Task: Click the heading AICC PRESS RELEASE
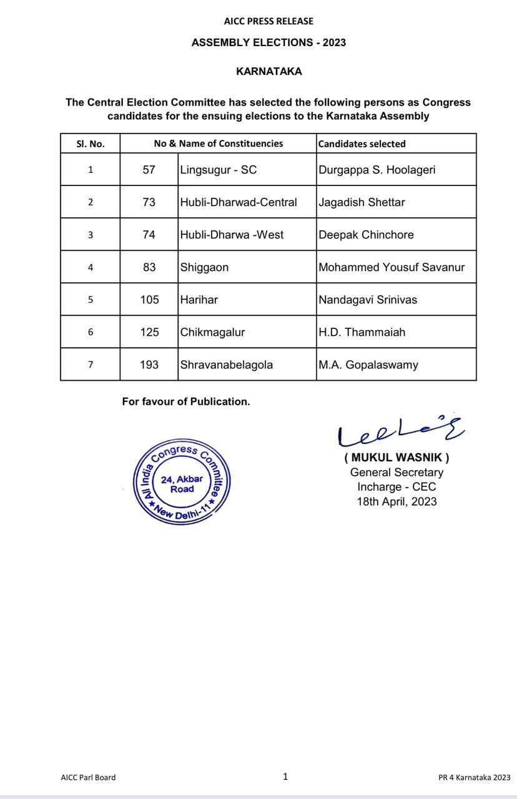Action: [268, 21]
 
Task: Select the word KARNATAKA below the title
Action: [268, 71]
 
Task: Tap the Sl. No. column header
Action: [90, 144]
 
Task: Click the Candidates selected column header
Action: [362, 144]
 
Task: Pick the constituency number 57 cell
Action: [149, 170]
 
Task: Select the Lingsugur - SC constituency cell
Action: [219, 170]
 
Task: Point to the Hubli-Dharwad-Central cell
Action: [239, 202]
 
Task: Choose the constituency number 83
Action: [149, 267]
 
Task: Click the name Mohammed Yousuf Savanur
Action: [391, 267]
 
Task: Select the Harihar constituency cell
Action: [199, 300]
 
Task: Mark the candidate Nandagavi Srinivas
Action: [368, 300]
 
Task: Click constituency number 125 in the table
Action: [149, 332]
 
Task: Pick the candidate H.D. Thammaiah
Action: [362, 332]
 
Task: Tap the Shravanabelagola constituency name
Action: [226, 365]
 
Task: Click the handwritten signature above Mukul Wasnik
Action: [400, 431]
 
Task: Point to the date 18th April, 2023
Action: [396, 501]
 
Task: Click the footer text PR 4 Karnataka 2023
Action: [474, 777]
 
